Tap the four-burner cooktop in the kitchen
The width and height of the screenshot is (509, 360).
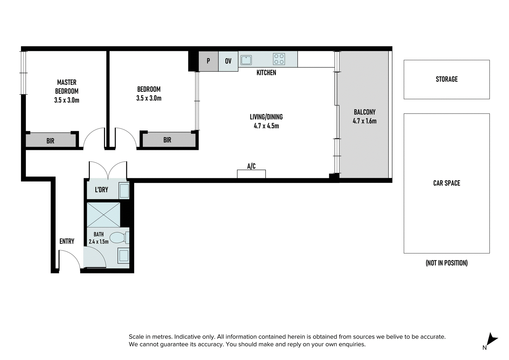(279, 59)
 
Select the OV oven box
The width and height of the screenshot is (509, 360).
(228, 61)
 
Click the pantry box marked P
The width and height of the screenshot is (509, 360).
(208, 61)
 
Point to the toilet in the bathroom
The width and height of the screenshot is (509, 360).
(119, 238)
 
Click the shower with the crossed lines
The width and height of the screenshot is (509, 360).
(103, 215)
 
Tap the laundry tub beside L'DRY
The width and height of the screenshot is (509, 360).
(124, 191)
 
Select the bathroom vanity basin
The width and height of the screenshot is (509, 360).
(124, 256)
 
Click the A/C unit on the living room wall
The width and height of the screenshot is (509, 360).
(251, 174)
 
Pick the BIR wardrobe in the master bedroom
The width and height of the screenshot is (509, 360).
(51, 141)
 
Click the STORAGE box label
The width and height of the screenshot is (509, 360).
(447, 79)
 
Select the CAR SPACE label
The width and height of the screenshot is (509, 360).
(447, 183)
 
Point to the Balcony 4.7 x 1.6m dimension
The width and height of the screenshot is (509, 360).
(365, 121)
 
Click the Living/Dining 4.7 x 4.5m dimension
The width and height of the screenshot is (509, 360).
(266, 126)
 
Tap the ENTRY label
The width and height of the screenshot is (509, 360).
(67, 241)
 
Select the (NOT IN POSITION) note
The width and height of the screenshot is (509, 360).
(447, 263)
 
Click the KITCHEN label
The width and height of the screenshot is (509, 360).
(266, 73)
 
